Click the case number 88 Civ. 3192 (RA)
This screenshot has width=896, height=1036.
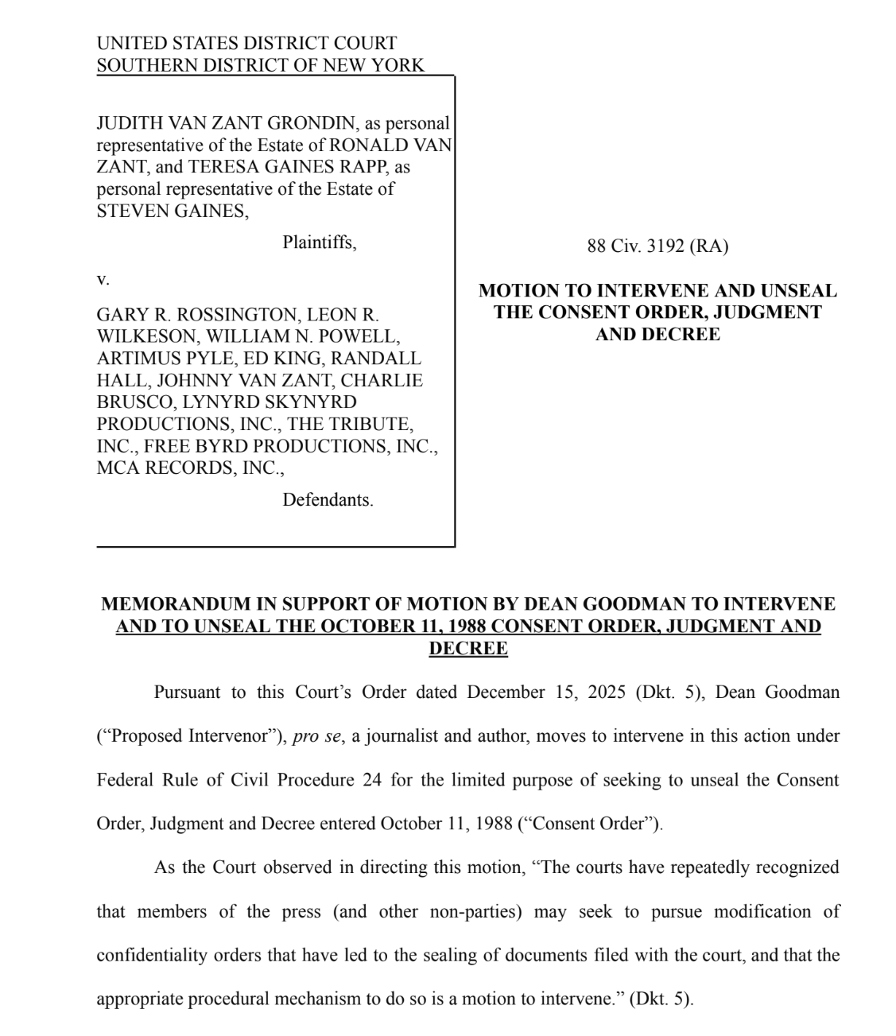click(x=657, y=246)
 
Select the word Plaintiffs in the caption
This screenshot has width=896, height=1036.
click(x=319, y=243)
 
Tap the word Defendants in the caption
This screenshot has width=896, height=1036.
click(x=327, y=500)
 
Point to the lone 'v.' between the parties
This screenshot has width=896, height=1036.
click(x=103, y=279)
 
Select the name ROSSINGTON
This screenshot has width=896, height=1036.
click(x=230, y=315)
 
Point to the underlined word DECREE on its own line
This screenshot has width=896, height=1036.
click(x=467, y=649)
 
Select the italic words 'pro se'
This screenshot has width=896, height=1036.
click(x=316, y=736)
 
